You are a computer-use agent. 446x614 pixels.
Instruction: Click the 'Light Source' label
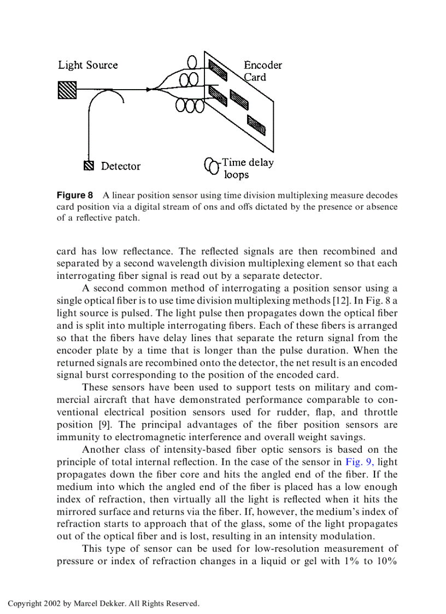coord(88,65)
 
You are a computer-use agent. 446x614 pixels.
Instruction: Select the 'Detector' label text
coord(121,166)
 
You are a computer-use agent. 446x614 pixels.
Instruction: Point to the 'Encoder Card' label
coord(262,71)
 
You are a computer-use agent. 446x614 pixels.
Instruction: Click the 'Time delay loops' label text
coord(247,168)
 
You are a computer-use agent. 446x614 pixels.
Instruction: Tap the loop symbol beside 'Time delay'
coord(211,166)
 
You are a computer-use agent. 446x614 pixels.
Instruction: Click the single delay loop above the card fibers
coord(192,61)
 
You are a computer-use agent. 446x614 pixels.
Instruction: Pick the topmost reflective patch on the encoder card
coord(217,71)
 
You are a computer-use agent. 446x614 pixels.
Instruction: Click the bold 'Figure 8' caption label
coord(75,195)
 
